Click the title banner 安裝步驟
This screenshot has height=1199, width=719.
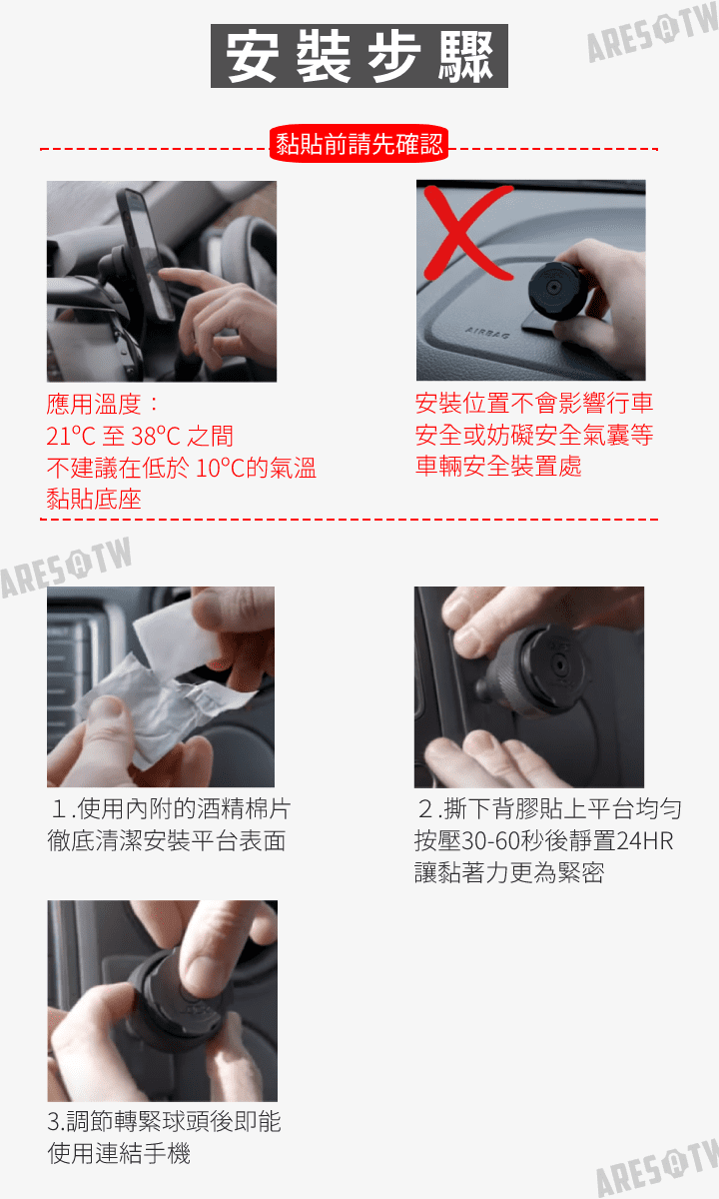[x=359, y=56]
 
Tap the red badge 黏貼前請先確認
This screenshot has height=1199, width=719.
[x=359, y=144]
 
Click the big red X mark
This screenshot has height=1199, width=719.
[x=467, y=233]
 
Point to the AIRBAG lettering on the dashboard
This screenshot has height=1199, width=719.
[x=487, y=333]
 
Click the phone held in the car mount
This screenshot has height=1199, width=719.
[x=145, y=252]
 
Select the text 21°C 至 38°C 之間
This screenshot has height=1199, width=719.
[x=140, y=436]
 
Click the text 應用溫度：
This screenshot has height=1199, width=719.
[x=103, y=404]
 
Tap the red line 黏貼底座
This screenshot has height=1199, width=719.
[x=94, y=499]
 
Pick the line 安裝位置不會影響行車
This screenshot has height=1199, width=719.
[x=534, y=403]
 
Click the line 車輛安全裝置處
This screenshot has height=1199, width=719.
[x=498, y=466]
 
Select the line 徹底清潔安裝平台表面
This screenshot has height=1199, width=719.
[x=167, y=840]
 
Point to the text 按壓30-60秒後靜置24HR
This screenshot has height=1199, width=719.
[x=543, y=840]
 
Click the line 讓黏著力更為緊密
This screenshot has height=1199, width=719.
[x=509, y=872]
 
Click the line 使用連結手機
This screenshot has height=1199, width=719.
[x=119, y=1153]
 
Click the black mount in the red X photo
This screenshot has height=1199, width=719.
[x=554, y=290]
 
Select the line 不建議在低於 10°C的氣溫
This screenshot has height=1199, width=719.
[x=181, y=468]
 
